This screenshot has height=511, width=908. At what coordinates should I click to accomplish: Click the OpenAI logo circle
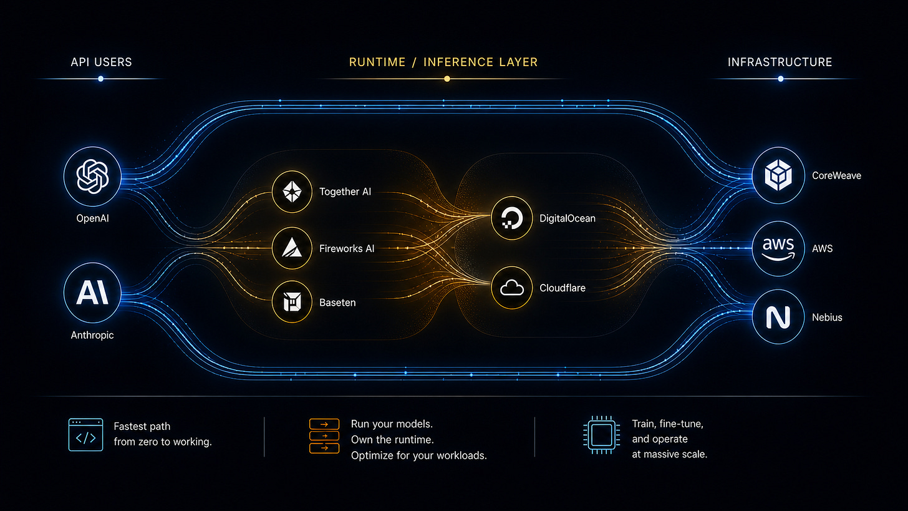92,177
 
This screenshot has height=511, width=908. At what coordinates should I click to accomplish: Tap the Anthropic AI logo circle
92,293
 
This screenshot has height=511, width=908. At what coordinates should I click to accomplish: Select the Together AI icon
292,192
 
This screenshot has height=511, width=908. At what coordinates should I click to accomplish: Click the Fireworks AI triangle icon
292,248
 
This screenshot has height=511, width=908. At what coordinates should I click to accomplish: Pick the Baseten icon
292,302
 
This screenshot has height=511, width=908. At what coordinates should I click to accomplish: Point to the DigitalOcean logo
511,218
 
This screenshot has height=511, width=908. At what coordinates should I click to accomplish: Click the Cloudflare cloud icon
511,288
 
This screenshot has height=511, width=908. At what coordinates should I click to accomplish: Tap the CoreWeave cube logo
778,175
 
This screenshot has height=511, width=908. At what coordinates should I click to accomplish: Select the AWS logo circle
778,248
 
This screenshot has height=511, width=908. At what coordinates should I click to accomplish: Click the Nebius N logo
778,317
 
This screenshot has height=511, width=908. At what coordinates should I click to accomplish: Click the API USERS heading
101,62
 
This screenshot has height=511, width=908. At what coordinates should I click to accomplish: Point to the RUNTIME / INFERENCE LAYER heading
443,62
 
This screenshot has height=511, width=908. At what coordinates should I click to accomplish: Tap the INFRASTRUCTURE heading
780,62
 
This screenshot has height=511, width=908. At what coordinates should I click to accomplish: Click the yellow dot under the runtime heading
447,79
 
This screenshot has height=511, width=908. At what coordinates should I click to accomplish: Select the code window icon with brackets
85,435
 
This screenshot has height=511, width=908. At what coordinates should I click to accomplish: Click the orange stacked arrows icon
324,436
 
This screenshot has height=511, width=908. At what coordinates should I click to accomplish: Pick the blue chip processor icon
602,435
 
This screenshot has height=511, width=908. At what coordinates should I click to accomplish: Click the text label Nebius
827,317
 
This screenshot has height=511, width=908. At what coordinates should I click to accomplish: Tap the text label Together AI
345,192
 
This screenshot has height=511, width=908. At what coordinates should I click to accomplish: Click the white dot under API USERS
101,79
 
